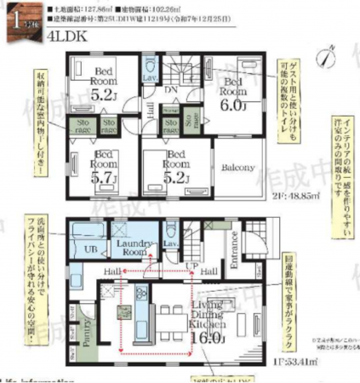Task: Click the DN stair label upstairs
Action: click(x=171, y=88)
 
